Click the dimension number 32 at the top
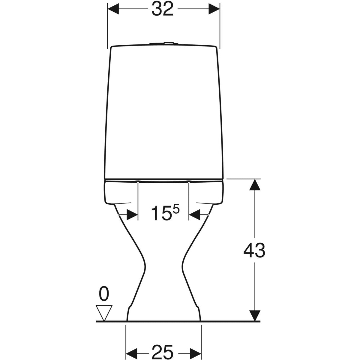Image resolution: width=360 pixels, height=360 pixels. tap(163, 9)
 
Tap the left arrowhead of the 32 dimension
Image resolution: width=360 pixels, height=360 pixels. tap(113, 9)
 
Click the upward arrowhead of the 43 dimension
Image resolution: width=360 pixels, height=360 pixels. tap(254, 185)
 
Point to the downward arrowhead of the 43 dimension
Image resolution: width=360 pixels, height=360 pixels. tap(254, 315)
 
